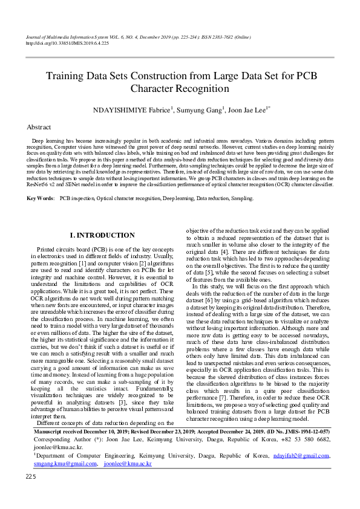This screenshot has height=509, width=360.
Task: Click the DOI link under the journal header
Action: point(67,44)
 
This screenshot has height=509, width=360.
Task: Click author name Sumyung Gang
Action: point(199,110)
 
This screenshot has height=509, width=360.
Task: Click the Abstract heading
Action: point(39,128)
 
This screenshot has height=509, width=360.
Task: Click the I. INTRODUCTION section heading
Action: point(103,235)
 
